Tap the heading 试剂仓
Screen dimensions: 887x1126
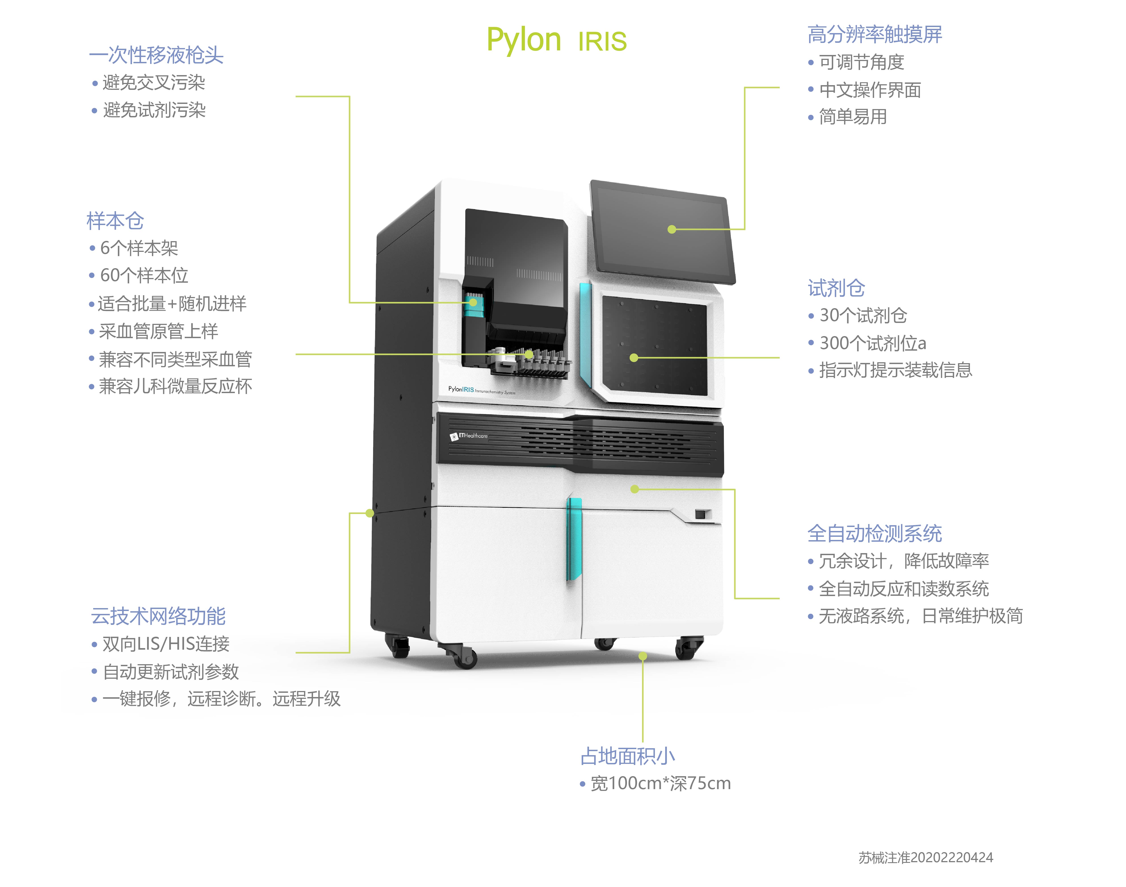(836, 288)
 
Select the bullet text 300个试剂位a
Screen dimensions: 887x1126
(872, 343)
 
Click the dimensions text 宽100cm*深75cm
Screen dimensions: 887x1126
(660, 783)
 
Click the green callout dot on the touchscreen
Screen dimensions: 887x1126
(672, 229)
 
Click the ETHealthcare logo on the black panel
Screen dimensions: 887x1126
(469, 436)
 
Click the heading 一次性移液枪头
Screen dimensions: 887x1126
(156, 55)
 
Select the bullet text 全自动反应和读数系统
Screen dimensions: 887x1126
(903, 588)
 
